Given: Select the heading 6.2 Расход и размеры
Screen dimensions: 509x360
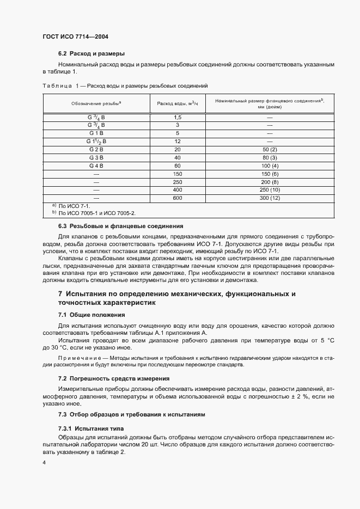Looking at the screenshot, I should (x=91, y=54).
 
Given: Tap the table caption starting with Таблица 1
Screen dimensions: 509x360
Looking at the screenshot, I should (x=125, y=86).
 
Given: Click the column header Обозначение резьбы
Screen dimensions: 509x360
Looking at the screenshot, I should (x=96, y=103).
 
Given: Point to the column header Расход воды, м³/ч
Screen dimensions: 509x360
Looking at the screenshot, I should (x=178, y=103).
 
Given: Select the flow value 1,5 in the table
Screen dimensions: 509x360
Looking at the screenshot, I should (x=178, y=117).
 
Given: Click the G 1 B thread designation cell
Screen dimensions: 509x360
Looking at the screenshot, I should (x=96, y=133).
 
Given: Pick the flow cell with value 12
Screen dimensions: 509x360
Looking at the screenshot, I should (x=178, y=141).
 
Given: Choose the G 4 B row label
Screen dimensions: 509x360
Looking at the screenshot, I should (x=96, y=165).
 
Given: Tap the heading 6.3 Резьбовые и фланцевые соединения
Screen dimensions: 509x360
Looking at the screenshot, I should (x=120, y=226).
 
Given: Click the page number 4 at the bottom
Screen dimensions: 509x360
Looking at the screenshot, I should (x=44, y=463).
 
